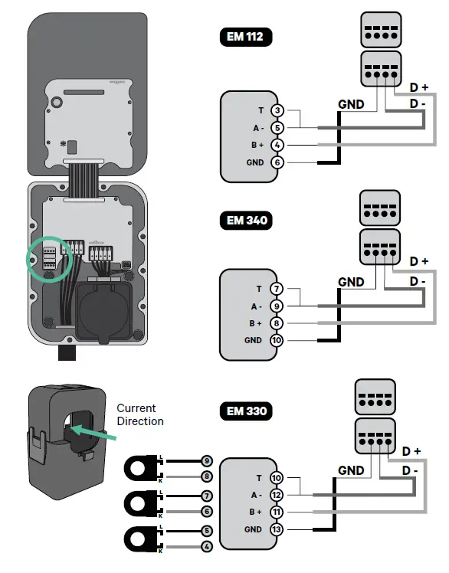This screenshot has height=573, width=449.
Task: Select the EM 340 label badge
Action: pos(246,221)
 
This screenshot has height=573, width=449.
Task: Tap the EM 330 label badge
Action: pos(246,410)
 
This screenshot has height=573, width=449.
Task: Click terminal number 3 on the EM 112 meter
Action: pos(278,112)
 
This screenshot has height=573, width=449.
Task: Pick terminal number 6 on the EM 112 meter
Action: pos(278,162)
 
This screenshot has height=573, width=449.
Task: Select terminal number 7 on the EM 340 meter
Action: pos(278,290)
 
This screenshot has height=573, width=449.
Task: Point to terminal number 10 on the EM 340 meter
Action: pos(278,340)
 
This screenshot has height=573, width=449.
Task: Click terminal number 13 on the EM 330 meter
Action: pos(277,529)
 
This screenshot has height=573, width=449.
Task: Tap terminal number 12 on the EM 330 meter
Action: pos(277,496)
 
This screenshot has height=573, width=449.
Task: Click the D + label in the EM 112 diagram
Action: pos(419,88)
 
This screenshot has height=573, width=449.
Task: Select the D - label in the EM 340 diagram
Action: pos(418,282)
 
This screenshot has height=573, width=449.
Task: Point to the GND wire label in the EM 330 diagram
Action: pos(351,470)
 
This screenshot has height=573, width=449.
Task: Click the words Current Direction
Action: pos(139,414)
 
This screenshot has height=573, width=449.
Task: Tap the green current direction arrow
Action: pos(98,433)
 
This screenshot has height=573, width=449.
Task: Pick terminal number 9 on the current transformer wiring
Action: pos(206,461)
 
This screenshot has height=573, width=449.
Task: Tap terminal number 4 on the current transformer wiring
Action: pos(206,547)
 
